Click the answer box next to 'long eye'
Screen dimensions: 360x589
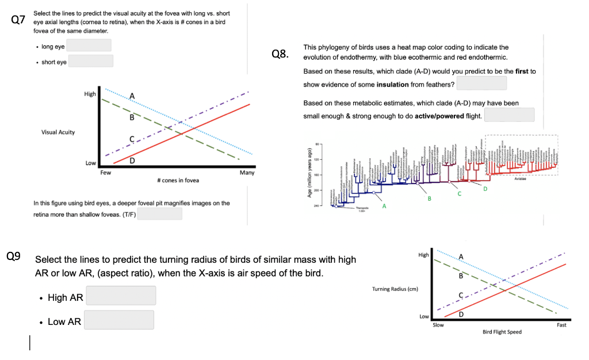(90, 45)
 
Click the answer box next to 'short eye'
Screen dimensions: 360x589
(91, 61)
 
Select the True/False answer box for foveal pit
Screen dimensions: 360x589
(159, 214)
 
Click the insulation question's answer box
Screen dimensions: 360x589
(482, 83)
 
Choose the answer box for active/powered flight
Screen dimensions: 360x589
(510, 115)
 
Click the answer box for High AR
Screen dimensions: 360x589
(121, 296)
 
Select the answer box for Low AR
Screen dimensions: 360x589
(119, 320)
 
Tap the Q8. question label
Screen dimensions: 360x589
(280, 55)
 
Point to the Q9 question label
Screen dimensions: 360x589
(13, 256)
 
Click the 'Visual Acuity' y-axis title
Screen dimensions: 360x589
(58, 132)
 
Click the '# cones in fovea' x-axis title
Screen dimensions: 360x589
(178, 181)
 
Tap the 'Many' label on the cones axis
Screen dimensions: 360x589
(247, 173)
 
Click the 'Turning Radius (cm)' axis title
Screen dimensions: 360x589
(395, 289)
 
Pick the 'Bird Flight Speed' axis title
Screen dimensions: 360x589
(502, 332)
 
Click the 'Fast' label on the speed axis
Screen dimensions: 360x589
(561, 325)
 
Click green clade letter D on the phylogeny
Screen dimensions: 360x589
(485, 189)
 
